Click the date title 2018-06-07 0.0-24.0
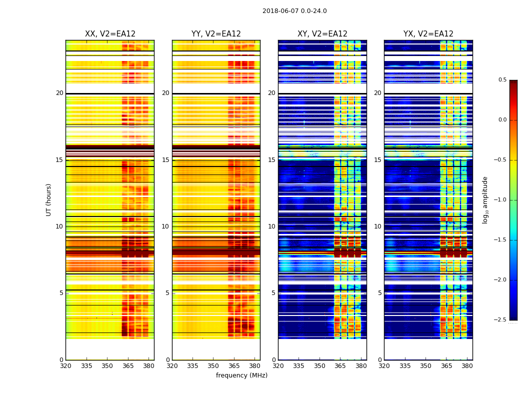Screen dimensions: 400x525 click(x=294, y=11)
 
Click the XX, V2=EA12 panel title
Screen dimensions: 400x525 click(x=110, y=34)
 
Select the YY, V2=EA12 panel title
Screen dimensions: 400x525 click(x=216, y=34)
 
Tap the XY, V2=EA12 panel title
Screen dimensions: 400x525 click(x=322, y=34)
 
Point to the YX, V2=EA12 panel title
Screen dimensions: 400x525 click(x=428, y=34)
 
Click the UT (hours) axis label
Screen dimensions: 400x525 click(x=49, y=199)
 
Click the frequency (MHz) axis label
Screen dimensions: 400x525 click(x=241, y=375)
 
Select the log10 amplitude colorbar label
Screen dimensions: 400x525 click(x=485, y=199)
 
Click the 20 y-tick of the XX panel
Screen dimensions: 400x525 click(x=59, y=93)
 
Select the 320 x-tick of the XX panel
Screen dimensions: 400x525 click(x=65, y=365)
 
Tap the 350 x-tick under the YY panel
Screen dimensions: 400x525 click(x=213, y=365)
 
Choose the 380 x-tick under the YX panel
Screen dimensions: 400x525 click(x=467, y=365)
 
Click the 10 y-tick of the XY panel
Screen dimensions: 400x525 click(x=272, y=226)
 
